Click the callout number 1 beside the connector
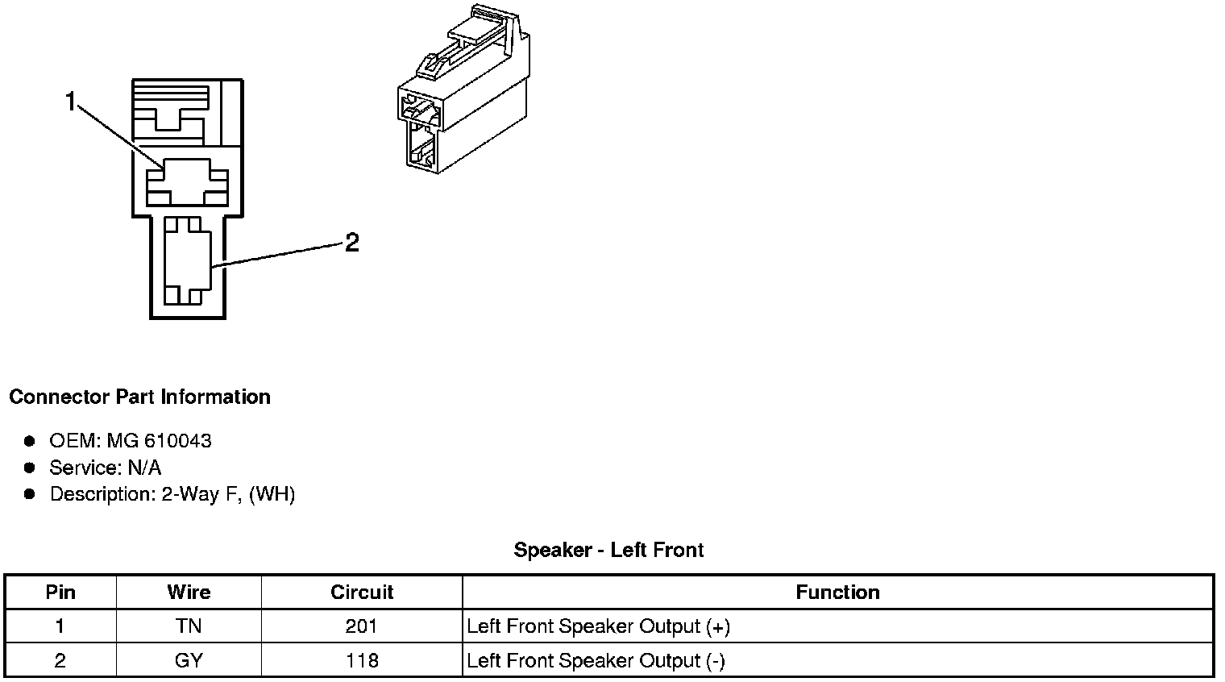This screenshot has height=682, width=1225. pyautogui.click(x=71, y=102)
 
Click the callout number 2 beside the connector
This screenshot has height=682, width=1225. pyautogui.click(x=351, y=242)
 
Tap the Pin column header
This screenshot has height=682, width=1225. pyautogui.click(x=60, y=593)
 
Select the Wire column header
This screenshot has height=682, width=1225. pyautogui.click(x=189, y=593)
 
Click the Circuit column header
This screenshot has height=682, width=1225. pyautogui.click(x=362, y=593)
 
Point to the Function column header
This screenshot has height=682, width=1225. pyautogui.click(x=837, y=593)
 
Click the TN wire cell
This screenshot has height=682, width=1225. pyautogui.click(x=189, y=626)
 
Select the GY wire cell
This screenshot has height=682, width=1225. pyautogui.click(x=189, y=661)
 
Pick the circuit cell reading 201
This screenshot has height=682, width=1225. pyautogui.click(x=362, y=626)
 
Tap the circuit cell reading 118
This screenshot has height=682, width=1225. pyautogui.click(x=362, y=661)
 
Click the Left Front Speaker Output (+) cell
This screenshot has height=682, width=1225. pyautogui.click(x=598, y=626)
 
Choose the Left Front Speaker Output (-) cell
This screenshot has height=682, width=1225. pyautogui.click(x=596, y=661)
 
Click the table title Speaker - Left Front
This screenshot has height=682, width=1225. pyautogui.click(x=608, y=551)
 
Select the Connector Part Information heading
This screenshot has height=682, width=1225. pyautogui.click(x=139, y=397)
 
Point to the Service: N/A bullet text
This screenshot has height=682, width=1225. pyautogui.click(x=105, y=468)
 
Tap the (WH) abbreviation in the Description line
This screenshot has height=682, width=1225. pyautogui.click(x=272, y=494)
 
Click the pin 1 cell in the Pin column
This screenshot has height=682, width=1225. pyautogui.click(x=60, y=626)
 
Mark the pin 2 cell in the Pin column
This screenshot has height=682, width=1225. pyautogui.click(x=60, y=661)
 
